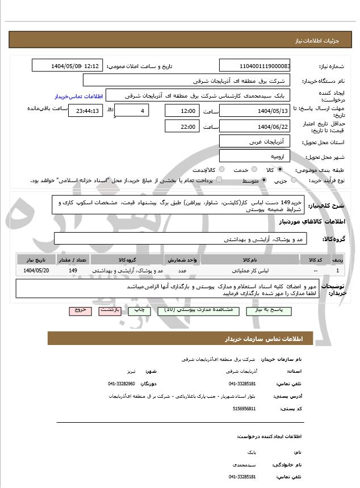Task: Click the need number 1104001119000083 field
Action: click(255, 66)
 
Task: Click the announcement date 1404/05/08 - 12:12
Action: click(68, 66)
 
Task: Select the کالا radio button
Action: click(278, 170)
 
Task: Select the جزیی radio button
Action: click(294, 180)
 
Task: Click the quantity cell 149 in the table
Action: click(73, 271)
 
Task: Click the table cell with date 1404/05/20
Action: click(37, 271)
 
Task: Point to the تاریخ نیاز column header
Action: click(37, 259)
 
